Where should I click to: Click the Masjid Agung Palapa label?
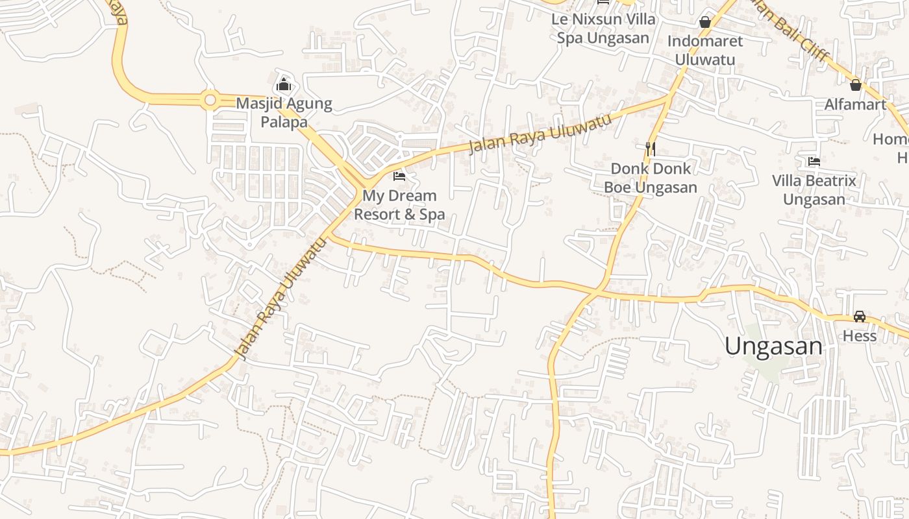(284, 112)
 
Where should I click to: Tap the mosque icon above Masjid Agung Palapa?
(283, 84)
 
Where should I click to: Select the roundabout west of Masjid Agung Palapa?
(209, 100)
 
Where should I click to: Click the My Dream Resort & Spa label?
(399, 204)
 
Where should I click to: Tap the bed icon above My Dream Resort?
(399, 176)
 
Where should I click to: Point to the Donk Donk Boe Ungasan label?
(651, 178)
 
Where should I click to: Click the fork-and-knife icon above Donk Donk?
(651, 149)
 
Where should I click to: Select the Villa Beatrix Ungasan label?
(814, 189)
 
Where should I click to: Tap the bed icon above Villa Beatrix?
(814, 161)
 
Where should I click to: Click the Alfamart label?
(855, 104)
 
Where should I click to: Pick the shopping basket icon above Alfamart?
(856, 84)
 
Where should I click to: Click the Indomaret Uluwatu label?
(705, 50)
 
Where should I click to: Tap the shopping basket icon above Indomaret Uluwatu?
(705, 22)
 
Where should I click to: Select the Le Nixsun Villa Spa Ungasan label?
(603, 28)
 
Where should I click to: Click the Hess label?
(860, 336)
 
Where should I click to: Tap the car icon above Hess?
(860, 317)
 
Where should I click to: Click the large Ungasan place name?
(773, 346)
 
